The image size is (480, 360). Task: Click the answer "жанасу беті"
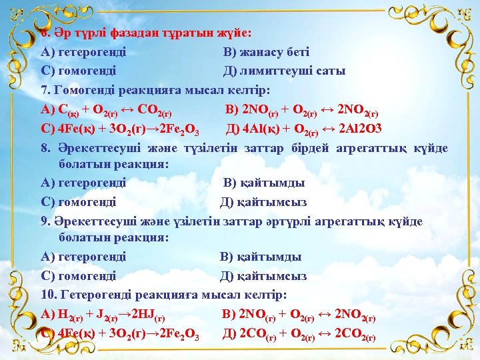click(274, 51)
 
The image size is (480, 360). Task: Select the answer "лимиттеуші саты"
click(293, 70)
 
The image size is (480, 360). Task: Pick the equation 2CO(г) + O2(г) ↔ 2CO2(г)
click(306, 333)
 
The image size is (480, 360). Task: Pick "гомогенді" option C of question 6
click(87, 70)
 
